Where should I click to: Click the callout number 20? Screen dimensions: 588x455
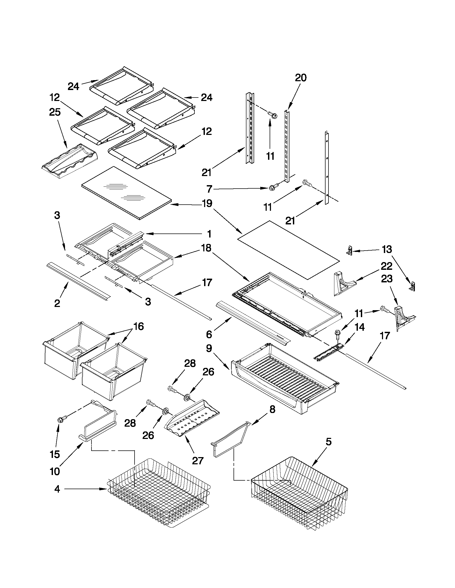point(301,78)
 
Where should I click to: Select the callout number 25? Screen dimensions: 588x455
point(55,112)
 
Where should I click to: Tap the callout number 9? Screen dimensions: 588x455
point(209,348)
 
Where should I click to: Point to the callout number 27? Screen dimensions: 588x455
point(198,461)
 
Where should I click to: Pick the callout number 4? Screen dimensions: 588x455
point(57,489)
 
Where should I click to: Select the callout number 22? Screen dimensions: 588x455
point(387,266)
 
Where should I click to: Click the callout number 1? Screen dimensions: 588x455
point(209,234)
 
